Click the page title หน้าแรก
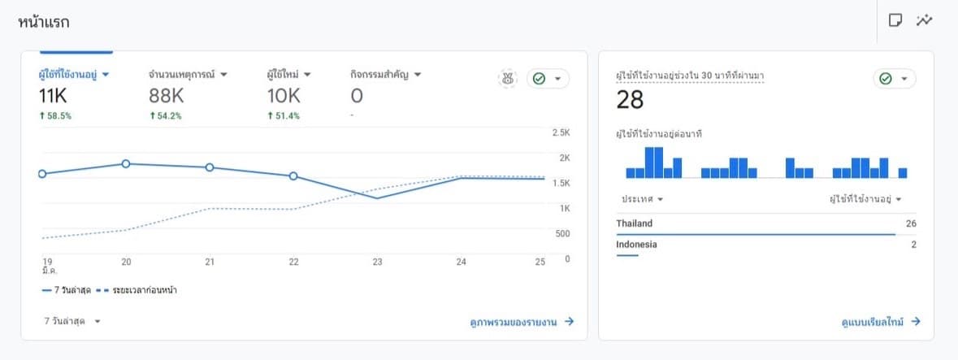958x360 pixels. pyautogui.click(x=43, y=22)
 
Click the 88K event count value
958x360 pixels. pyautogui.click(x=167, y=96)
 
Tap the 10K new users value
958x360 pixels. pyautogui.click(x=284, y=96)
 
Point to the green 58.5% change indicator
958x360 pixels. pyautogui.click(x=54, y=116)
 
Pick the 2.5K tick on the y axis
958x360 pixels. pyautogui.click(x=561, y=132)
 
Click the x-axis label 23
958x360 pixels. pyautogui.click(x=377, y=262)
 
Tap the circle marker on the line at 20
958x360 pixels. pyautogui.click(x=126, y=163)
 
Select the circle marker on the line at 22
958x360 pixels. pyautogui.click(x=293, y=176)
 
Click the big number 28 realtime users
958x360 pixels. pyautogui.click(x=630, y=100)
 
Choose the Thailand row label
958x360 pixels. pyautogui.click(x=634, y=223)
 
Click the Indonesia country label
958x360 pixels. pyautogui.click(x=636, y=245)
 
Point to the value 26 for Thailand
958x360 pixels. pyautogui.click(x=911, y=223)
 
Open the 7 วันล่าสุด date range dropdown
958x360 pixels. pyautogui.click(x=72, y=322)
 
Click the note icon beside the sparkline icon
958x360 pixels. pyautogui.click(x=895, y=20)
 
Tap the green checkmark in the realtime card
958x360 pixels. pyautogui.click(x=886, y=79)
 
